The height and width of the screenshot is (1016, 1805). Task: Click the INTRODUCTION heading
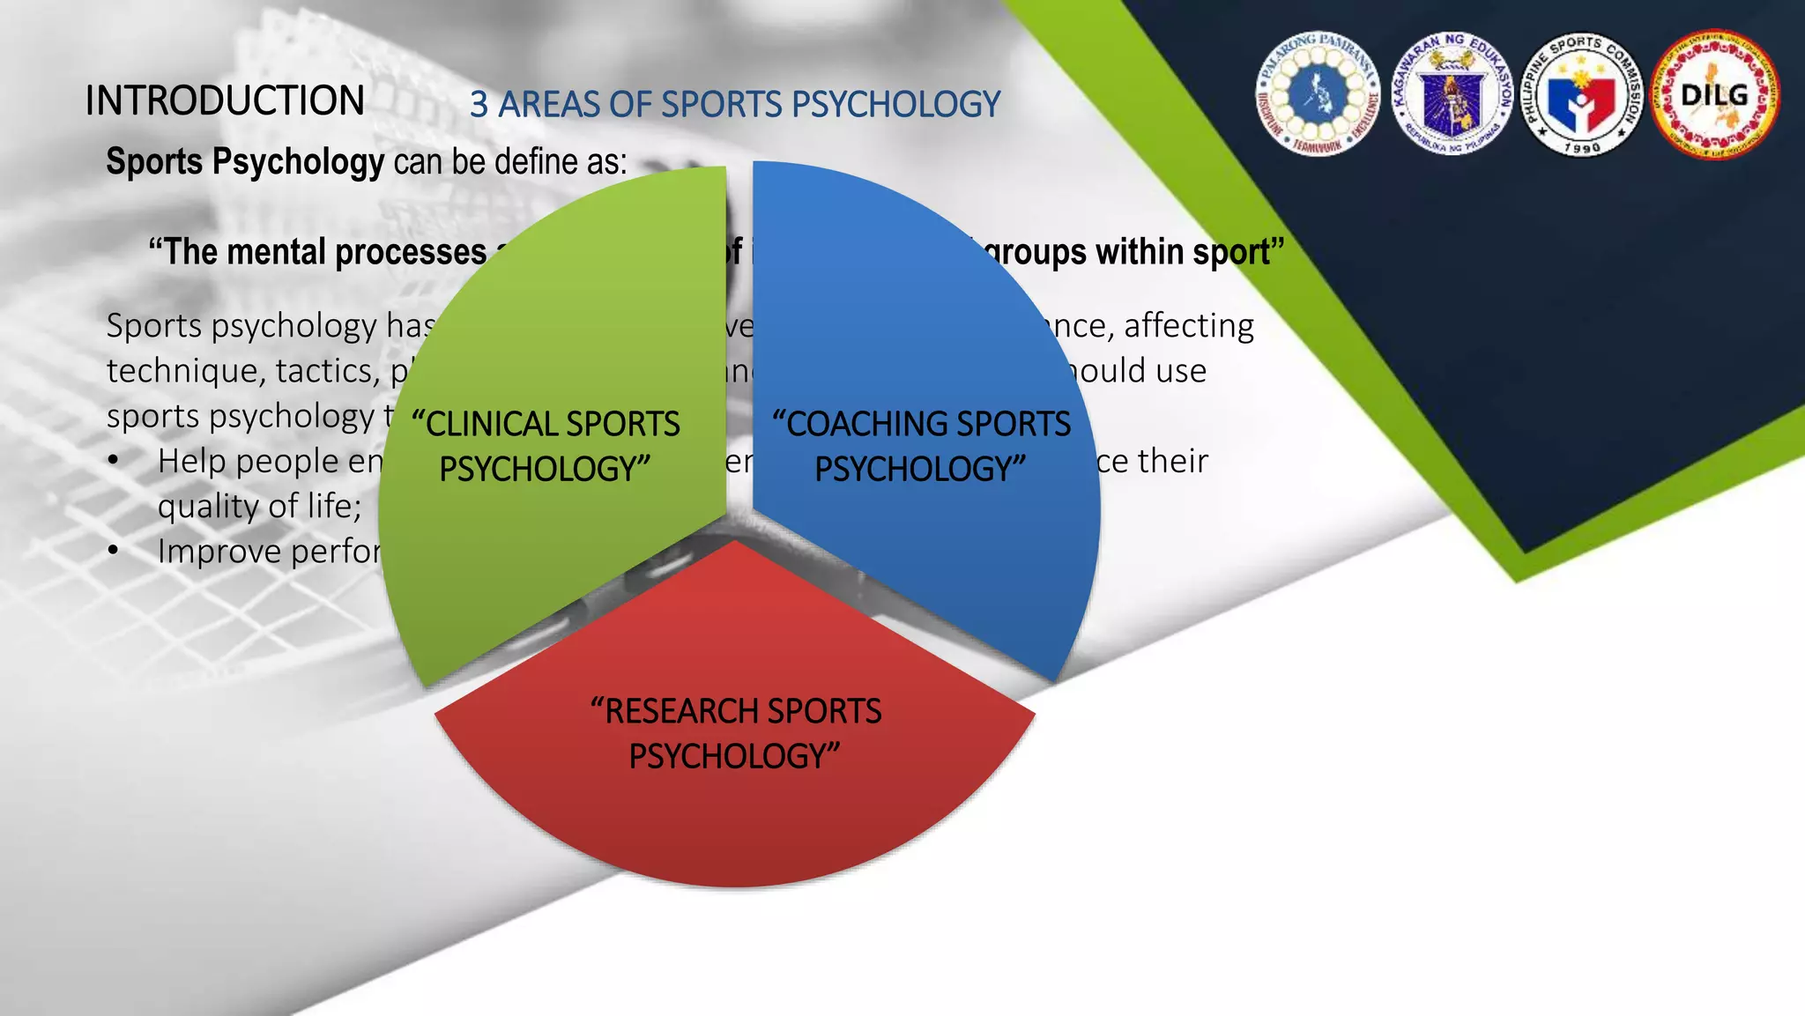pyautogui.click(x=225, y=100)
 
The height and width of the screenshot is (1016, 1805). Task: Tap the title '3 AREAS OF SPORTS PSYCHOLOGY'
pyautogui.click(x=734, y=105)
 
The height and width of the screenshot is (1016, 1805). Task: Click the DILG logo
pyautogui.click(x=1715, y=95)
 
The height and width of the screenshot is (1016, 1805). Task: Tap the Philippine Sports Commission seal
pyautogui.click(x=1582, y=95)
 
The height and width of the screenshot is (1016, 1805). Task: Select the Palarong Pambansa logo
pyautogui.click(x=1318, y=95)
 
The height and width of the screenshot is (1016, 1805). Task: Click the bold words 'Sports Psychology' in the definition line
pyautogui.click(x=245, y=162)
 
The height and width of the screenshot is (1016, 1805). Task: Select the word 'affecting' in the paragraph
pyautogui.click(x=1189, y=326)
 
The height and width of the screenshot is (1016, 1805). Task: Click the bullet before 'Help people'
pyautogui.click(x=113, y=461)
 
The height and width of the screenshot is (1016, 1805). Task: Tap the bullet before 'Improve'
pyautogui.click(x=113, y=552)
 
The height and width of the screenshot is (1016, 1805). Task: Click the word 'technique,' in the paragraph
pyautogui.click(x=185, y=371)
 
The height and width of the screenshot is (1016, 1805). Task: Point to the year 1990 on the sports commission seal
pyautogui.click(x=1582, y=148)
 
